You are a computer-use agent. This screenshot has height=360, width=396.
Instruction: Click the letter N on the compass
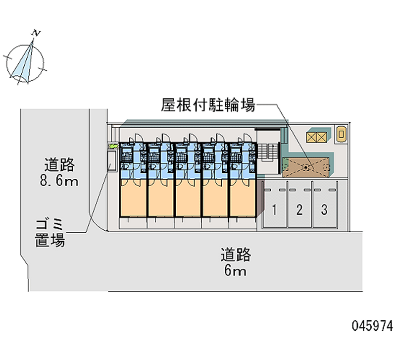[36, 33]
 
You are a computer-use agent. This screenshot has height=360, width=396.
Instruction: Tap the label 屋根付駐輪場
[208, 105]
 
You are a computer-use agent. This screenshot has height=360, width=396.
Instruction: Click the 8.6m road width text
[59, 181]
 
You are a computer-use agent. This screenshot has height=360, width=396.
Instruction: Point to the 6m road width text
[235, 271]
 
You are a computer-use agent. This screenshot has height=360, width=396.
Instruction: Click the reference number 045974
[373, 325]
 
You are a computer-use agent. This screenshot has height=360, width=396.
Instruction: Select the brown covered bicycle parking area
[306, 167]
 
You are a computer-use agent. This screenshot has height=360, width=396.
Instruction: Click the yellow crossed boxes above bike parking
[317, 137]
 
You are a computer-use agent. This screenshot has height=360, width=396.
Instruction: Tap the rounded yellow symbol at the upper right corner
[341, 134]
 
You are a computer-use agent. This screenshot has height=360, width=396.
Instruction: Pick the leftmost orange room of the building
[133, 198]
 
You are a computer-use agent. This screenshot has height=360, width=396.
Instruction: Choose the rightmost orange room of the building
[243, 198]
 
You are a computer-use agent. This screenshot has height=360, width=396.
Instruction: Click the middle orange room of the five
[188, 198]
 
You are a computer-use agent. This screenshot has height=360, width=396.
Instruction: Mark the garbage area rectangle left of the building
[112, 160]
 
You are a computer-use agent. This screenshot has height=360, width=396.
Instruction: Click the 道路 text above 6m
[236, 255]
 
